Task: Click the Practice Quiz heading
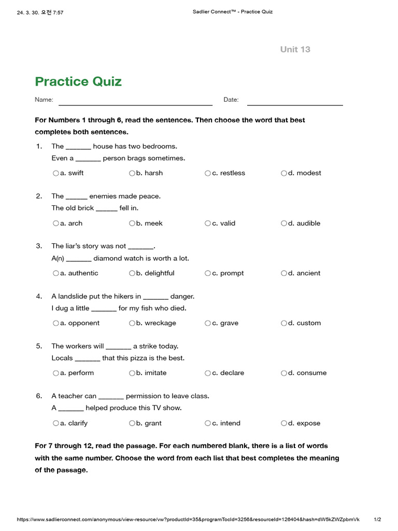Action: tap(78, 81)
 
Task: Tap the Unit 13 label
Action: tap(295, 49)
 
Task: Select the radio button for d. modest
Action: tap(284, 173)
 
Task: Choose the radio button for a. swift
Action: tap(55, 173)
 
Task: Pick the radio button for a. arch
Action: tap(55, 223)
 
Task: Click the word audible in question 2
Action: tap(308, 223)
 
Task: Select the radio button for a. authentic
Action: tap(55, 273)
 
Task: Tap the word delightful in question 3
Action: tap(159, 273)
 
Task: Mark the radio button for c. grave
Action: tap(208, 323)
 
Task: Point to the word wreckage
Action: tap(160, 323)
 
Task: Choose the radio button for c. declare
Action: tap(208, 373)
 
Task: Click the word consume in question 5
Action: tap(311, 373)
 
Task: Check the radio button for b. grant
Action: tap(132, 423)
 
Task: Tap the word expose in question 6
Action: tap(308, 423)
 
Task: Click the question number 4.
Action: tap(39, 296)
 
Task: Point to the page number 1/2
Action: tap(377, 520)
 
